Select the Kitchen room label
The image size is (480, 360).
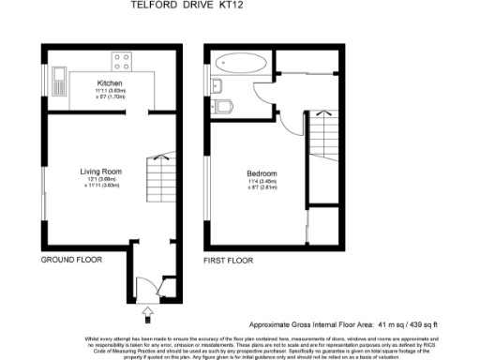[110, 82]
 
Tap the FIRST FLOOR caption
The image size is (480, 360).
[230, 258]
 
